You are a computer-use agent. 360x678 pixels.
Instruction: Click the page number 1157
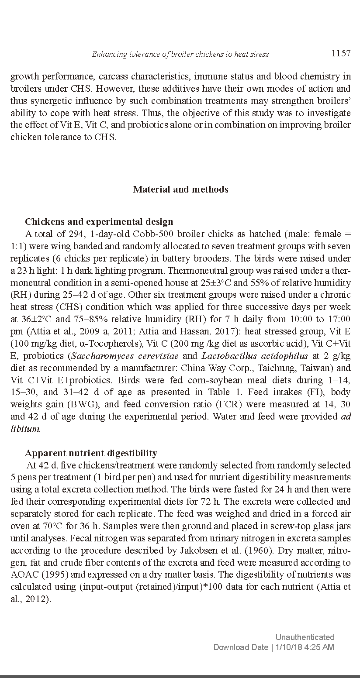click(341, 53)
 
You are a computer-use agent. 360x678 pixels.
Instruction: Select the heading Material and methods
click(180, 189)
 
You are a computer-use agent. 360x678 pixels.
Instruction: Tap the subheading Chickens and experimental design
click(99, 222)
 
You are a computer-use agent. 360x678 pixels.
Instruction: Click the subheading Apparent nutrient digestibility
click(91, 453)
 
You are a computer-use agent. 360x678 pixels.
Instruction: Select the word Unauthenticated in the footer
click(305, 637)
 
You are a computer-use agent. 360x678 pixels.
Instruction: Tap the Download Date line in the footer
click(273, 647)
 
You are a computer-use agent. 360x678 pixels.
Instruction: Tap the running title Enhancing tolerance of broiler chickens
click(180, 54)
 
